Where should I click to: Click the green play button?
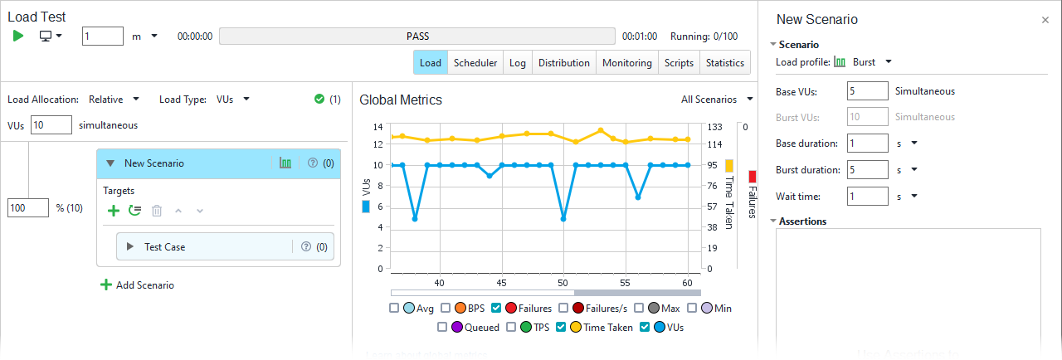pyautogui.click(x=18, y=36)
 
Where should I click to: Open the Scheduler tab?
pyautogui.click(x=475, y=63)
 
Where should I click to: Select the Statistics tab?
pyautogui.click(x=724, y=63)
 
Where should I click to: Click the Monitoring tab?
pyautogui.click(x=626, y=63)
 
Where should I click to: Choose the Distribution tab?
pyautogui.click(x=563, y=63)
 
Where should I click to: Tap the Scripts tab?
pyautogui.click(x=679, y=63)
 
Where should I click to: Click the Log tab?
pyautogui.click(x=517, y=63)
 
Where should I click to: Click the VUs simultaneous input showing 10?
pyautogui.click(x=51, y=125)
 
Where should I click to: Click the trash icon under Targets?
pyautogui.click(x=157, y=212)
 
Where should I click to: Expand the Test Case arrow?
pyautogui.click(x=129, y=247)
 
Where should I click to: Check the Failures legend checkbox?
pyautogui.click(x=495, y=309)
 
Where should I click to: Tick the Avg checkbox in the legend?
pyautogui.click(x=394, y=309)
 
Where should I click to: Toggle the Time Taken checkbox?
pyautogui.click(x=561, y=328)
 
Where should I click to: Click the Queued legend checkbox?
pyautogui.click(x=442, y=328)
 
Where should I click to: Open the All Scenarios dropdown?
pyautogui.click(x=716, y=100)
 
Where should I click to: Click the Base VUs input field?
pyautogui.click(x=868, y=92)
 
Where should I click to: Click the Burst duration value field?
pyautogui.click(x=868, y=170)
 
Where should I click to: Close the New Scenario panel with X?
pyautogui.click(x=1045, y=20)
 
